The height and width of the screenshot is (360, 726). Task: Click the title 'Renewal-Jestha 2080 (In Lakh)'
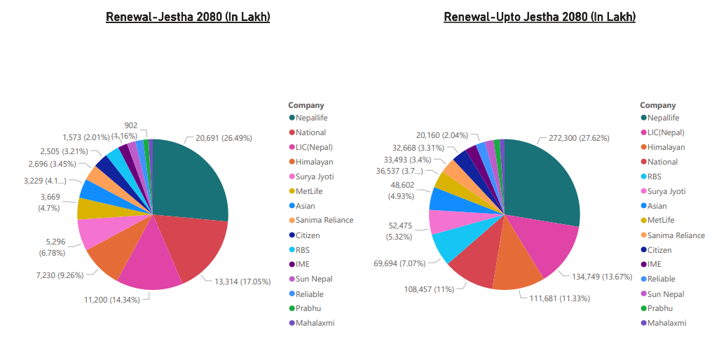188,17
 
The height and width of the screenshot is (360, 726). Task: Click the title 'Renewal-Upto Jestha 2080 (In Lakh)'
540,17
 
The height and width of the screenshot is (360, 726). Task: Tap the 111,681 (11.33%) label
554,298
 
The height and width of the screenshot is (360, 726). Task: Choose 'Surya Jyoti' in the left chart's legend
315,176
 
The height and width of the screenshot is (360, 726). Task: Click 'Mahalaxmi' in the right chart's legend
666,323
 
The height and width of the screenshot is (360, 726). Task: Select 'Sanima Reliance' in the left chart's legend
324,220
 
